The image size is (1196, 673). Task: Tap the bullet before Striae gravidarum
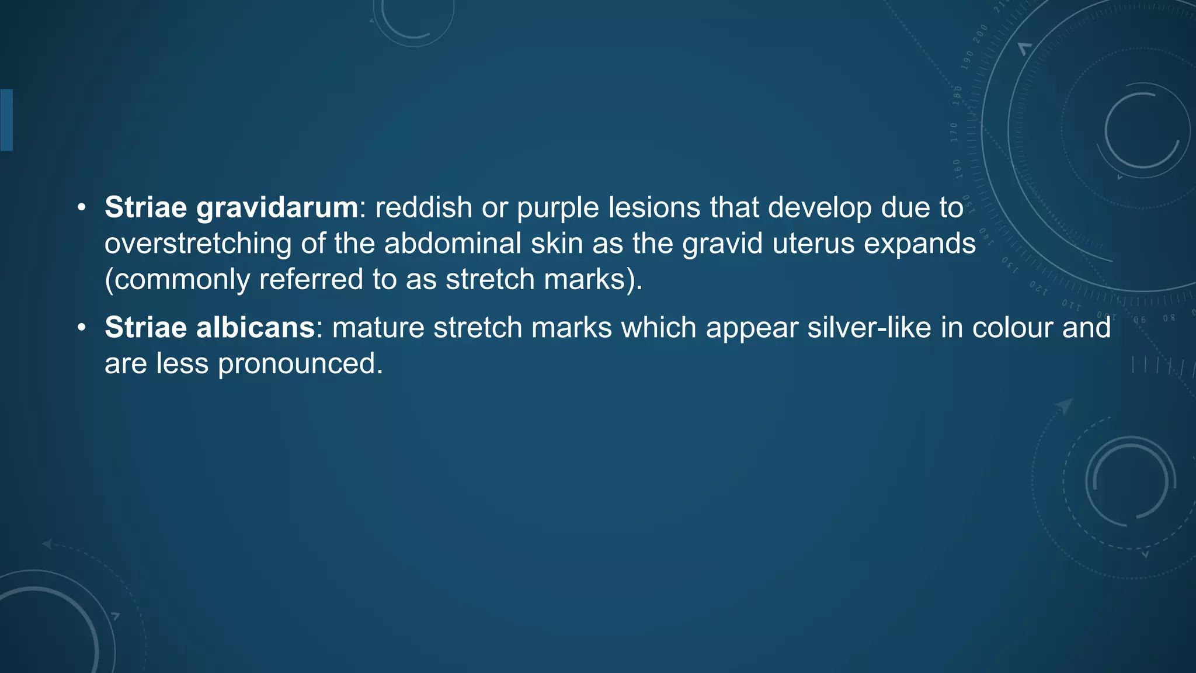[82, 208]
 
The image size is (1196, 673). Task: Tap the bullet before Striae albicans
[82, 328]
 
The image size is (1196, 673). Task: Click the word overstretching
[198, 244]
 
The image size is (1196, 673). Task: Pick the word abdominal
[452, 244]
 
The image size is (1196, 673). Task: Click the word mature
[378, 328]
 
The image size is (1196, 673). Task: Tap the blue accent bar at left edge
[6, 120]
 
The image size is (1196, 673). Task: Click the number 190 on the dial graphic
[968, 60]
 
